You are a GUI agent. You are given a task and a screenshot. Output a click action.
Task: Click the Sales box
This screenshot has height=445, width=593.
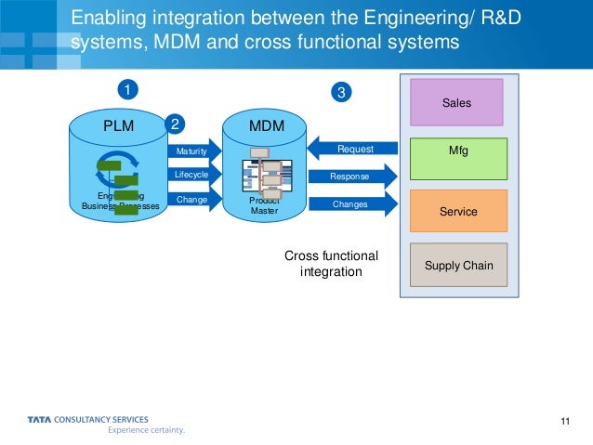click(x=457, y=102)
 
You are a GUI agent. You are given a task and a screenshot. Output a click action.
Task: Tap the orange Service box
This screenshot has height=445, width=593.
click(x=457, y=212)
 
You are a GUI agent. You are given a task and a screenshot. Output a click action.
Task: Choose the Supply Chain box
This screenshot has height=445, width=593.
click(x=457, y=265)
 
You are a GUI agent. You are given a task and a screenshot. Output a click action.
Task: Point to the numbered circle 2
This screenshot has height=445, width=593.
click(x=173, y=123)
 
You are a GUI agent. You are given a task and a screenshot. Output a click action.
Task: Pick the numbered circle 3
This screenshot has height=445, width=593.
click(x=341, y=92)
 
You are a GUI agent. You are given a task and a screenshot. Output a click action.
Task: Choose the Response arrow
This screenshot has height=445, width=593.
click(x=351, y=177)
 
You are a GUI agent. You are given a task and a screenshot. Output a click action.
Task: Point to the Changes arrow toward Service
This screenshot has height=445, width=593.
click(x=351, y=204)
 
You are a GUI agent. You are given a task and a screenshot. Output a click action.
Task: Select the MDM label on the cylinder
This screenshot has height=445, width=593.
click(x=267, y=124)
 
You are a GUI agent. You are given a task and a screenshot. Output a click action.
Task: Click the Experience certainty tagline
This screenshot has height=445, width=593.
click(x=146, y=431)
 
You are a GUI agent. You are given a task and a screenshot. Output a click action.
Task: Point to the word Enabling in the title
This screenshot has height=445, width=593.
click(x=103, y=17)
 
